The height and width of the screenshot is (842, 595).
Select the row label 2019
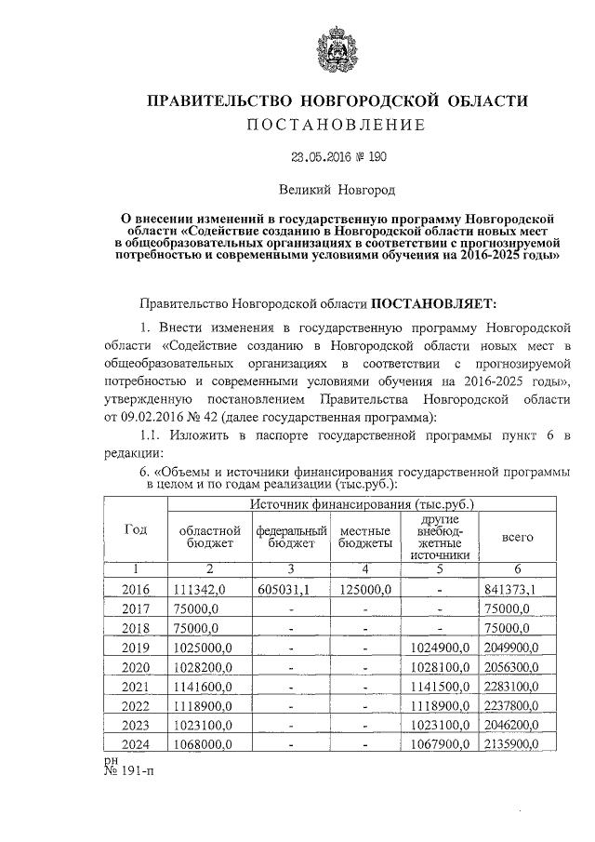click(x=136, y=647)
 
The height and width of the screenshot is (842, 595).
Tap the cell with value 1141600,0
click(x=203, y=687)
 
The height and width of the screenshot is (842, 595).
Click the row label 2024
click(x=136, y=745)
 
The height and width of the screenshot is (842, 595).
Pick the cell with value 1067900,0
click(x=440, y=745)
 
